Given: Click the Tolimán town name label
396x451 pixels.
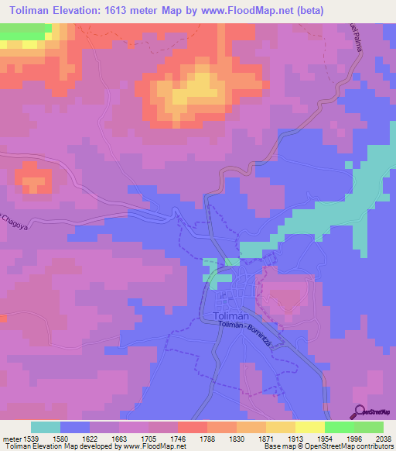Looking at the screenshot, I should (x=230, y=315).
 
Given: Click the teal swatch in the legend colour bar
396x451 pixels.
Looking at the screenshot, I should (x=46, y=427).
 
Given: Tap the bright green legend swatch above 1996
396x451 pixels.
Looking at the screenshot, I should (x=340, y=427).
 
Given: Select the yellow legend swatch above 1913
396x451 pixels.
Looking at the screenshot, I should (x=281, y=427).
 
